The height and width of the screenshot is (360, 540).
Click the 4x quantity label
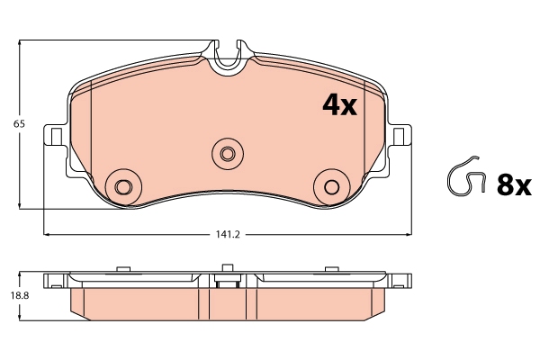(339, 106)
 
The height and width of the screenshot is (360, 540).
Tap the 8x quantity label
(516, 185)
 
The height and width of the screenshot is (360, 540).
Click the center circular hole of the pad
(227, 152)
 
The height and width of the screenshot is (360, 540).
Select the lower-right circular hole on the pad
(331, 186)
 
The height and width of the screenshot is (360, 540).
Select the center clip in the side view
(227, 279)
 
